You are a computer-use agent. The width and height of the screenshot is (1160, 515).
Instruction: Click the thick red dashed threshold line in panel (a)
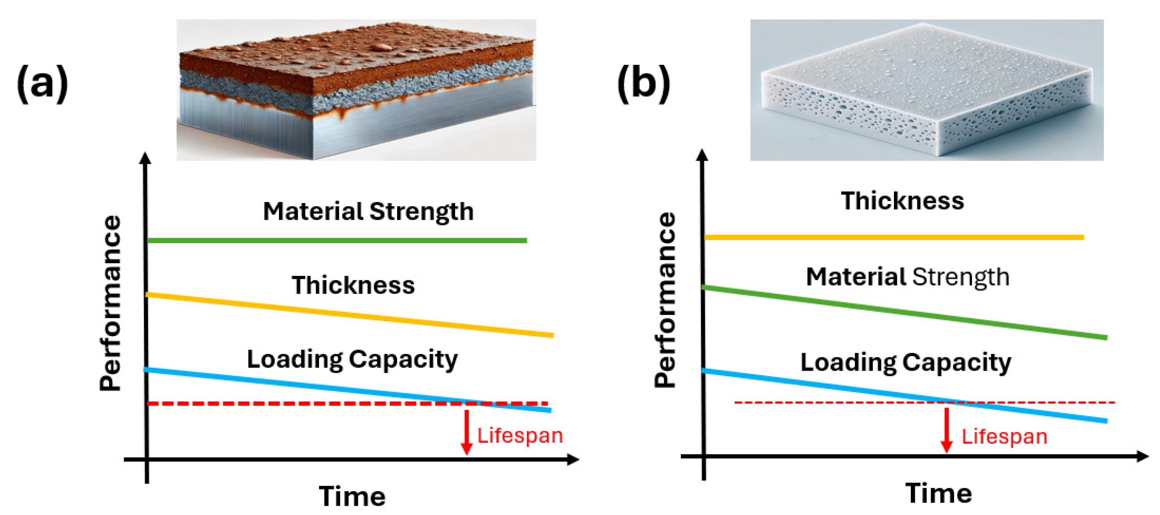tap(293, 403)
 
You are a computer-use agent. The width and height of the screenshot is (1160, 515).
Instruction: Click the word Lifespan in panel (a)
tap(520, 436)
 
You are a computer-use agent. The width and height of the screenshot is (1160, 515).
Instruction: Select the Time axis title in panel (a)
tap(352, 496)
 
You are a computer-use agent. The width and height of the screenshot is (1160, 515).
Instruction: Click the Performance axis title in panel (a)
tap(110, 303)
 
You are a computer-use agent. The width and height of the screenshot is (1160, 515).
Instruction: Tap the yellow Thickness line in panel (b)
tap(894, 237)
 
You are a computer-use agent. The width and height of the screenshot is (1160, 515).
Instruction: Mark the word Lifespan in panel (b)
tap(1004, 436)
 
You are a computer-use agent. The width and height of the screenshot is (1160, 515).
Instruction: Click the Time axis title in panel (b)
tap(939, 493)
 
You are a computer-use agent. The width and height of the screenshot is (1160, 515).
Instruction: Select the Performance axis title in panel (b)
tap(665, 300)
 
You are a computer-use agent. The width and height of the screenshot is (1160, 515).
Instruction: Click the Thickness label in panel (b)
tap(903, 201)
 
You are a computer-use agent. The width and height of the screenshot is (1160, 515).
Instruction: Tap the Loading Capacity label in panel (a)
tap(352, 359)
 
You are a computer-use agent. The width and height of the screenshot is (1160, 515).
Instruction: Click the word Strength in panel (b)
tap(961, 277)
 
